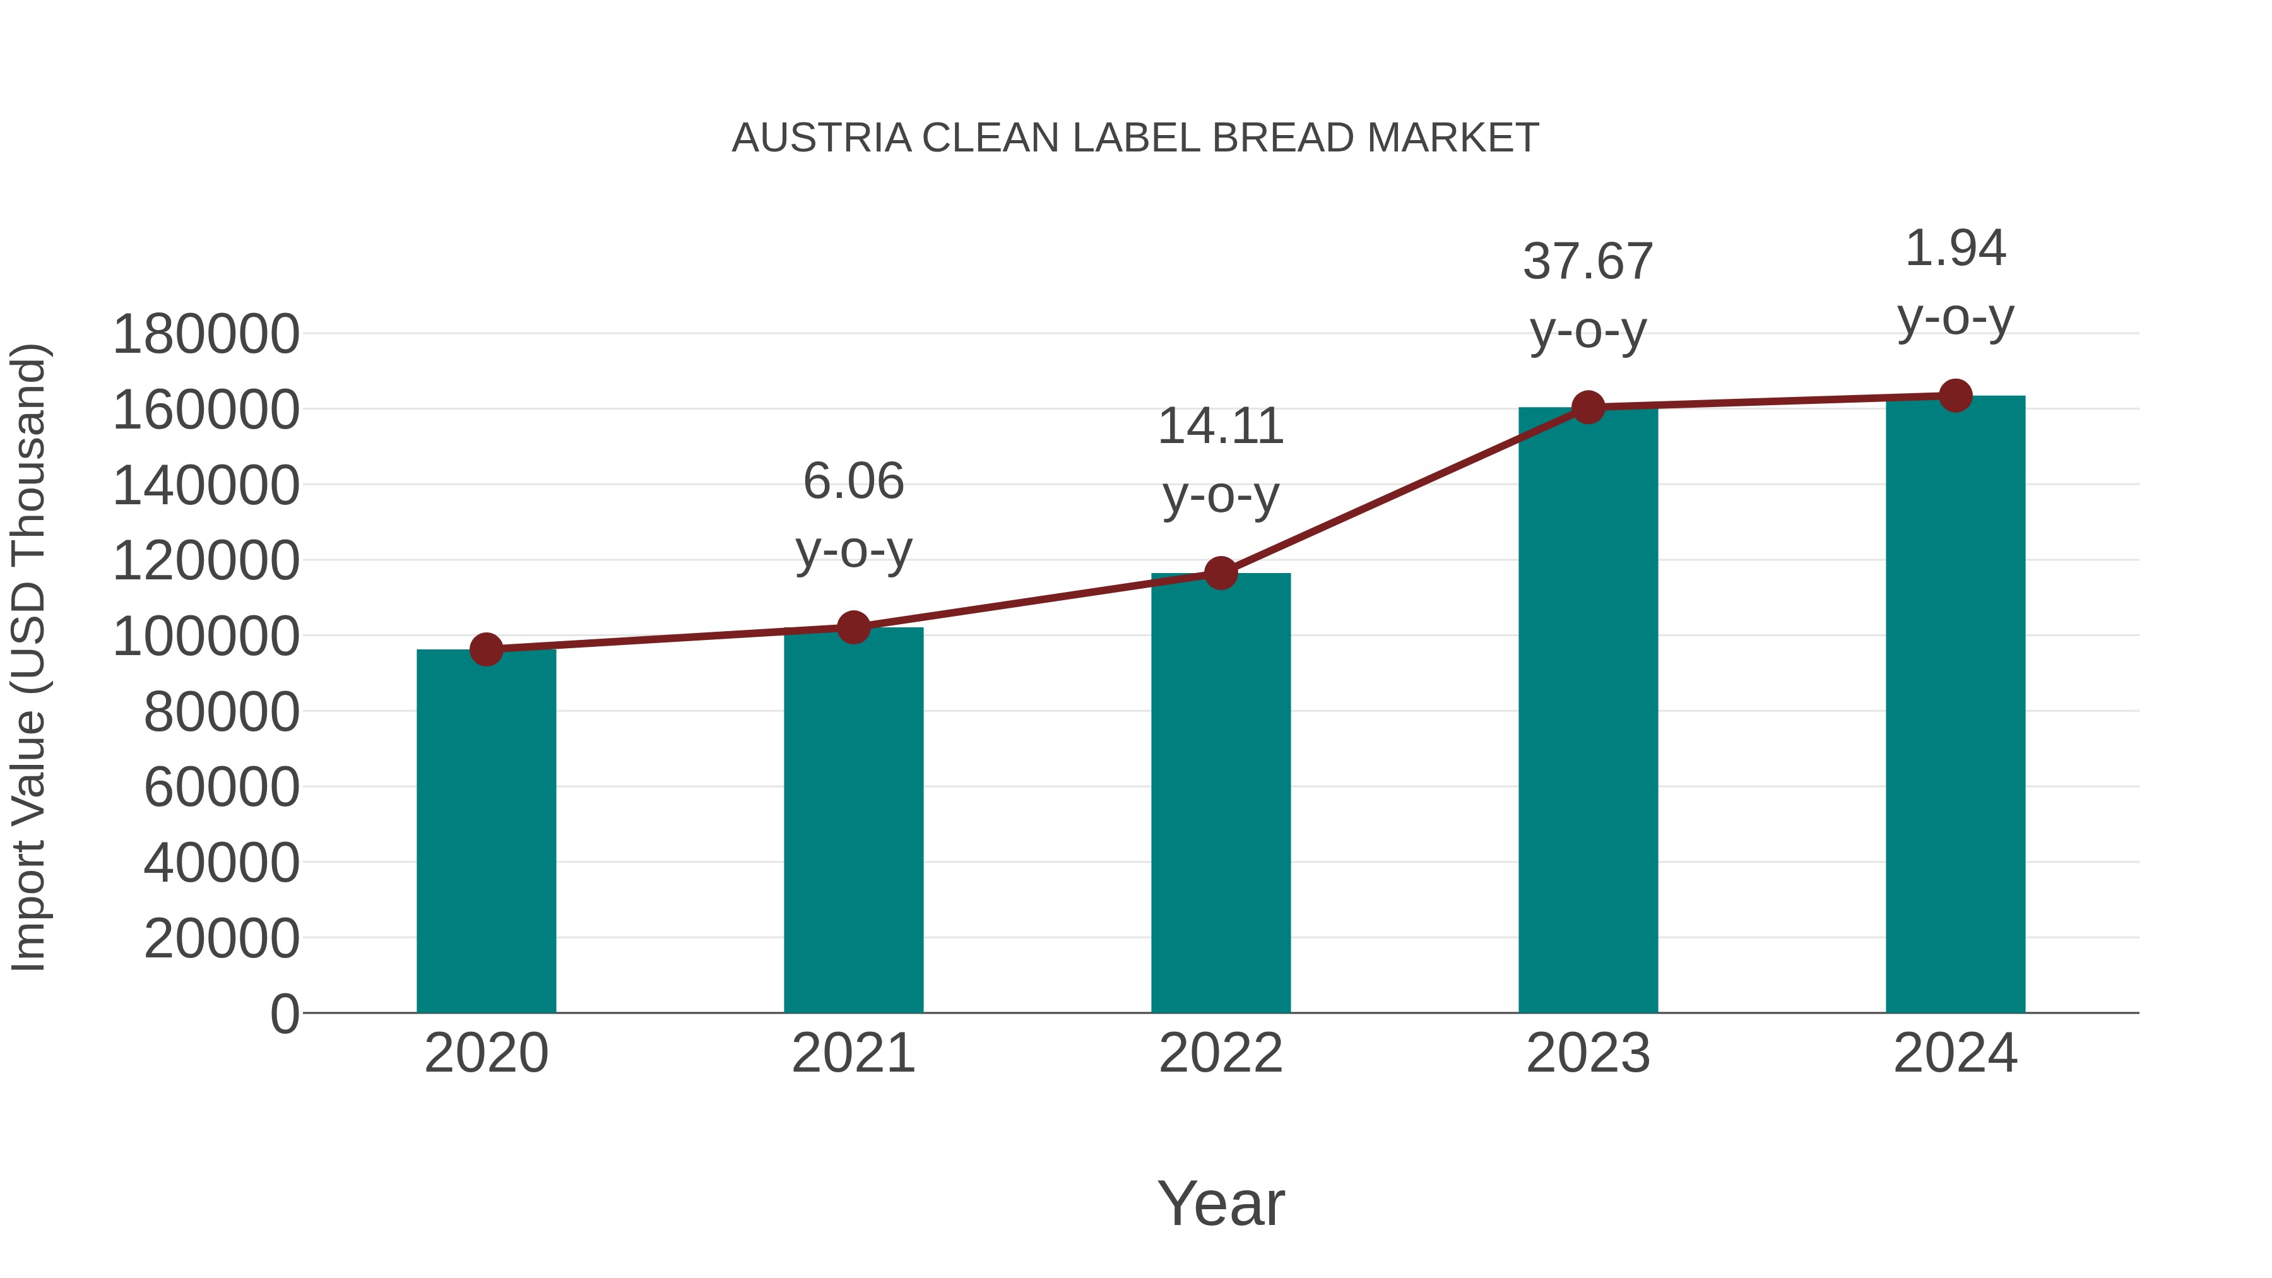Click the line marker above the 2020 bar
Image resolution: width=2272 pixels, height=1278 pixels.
tap(486, 650)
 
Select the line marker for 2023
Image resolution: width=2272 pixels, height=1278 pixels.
tap(1588, 408)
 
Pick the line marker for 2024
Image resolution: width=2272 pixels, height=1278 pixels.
tap(1955, 396)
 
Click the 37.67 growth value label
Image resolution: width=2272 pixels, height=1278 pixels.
tap(1588, 262)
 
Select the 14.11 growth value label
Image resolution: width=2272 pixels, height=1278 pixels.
tap(1221, 427)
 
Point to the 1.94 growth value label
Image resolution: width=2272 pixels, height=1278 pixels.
tap(1955, 249)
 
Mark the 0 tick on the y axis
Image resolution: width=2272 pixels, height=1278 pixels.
tap(285, 1014)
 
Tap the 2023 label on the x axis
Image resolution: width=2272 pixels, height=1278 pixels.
tap(1588, 1053)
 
